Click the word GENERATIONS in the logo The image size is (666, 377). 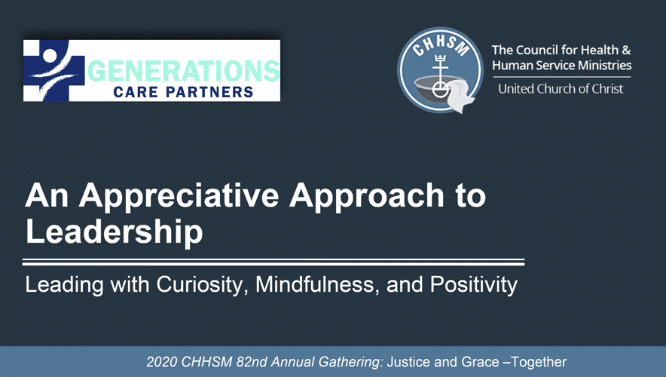(184, 71)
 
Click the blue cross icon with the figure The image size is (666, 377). (53, 70)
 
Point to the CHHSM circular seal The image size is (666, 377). (440, 70)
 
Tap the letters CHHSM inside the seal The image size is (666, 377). (441, 45)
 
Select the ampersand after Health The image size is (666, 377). (626, 51)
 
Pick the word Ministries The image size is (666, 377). (606, 65)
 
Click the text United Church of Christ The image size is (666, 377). (561, 89)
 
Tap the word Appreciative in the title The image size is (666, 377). (179, 196)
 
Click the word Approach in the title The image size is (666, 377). (367, 196)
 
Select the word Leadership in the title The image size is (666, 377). (115, 232)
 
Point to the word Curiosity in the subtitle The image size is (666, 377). (202, 285)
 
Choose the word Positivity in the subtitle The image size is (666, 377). (474, 285)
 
